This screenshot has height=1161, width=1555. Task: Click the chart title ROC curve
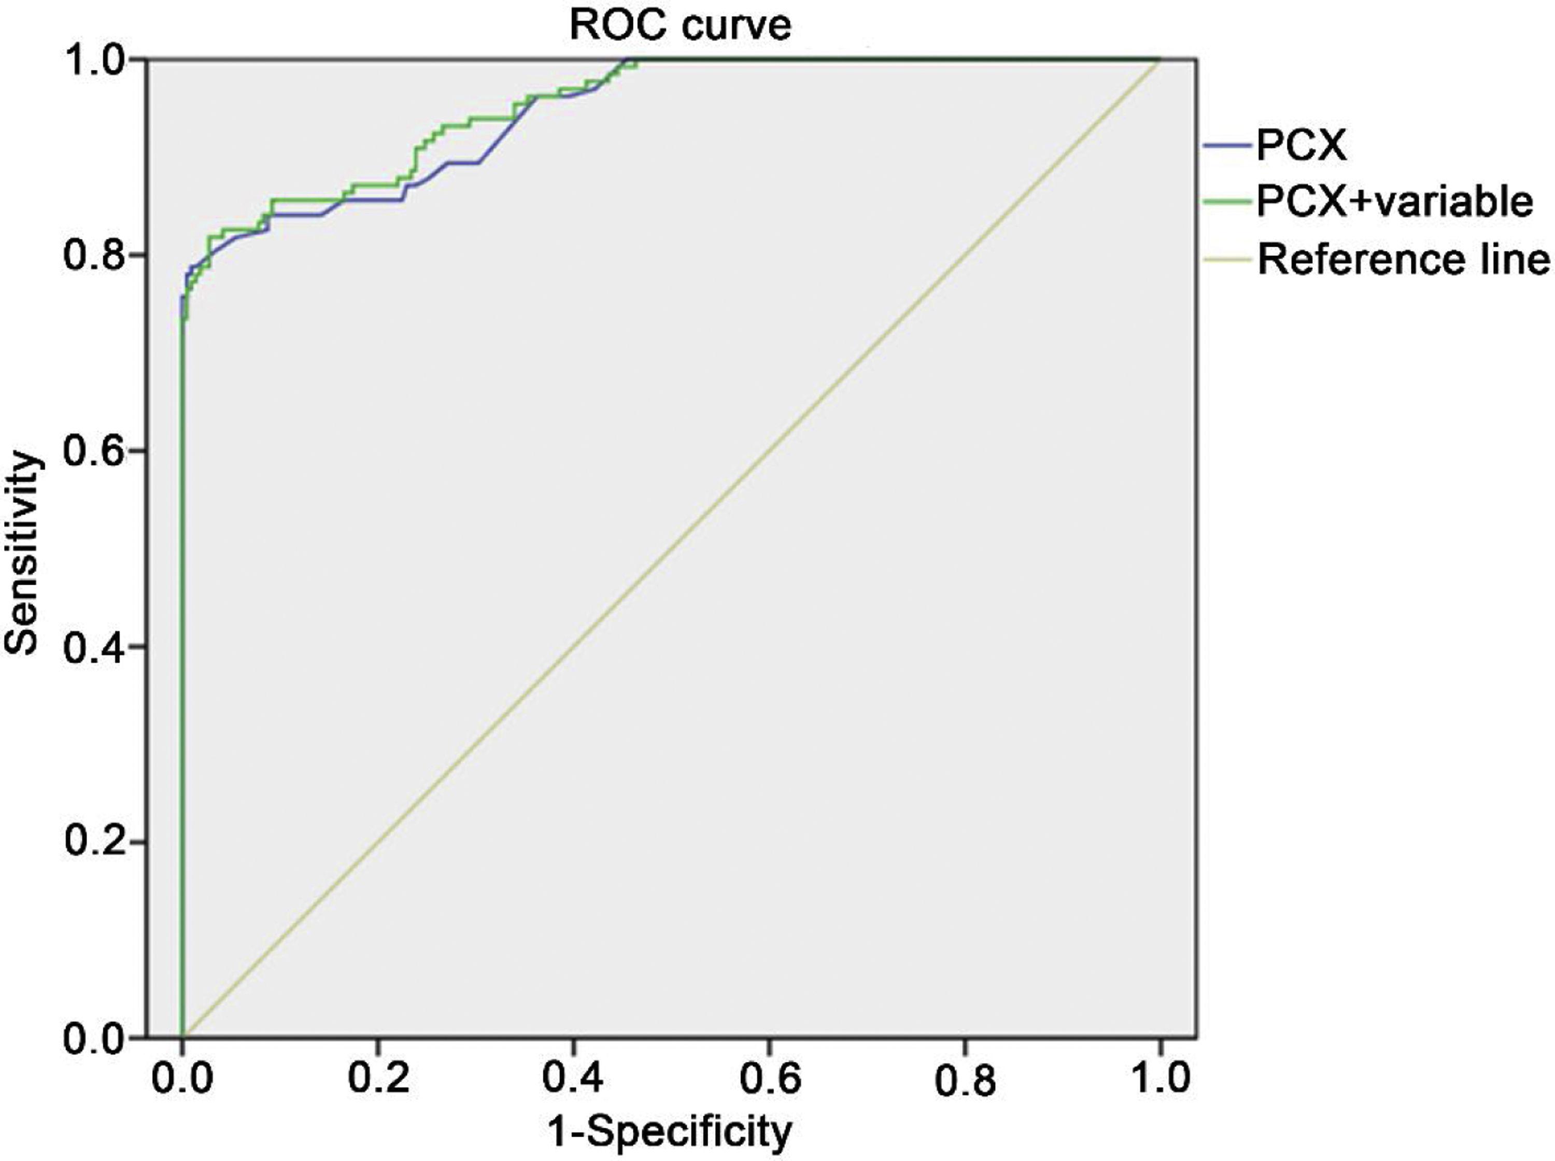click(x=680, y=25)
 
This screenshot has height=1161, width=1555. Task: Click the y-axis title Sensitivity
click(x=22, y=554)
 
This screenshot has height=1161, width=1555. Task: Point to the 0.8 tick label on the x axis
click(x=966, y=1080)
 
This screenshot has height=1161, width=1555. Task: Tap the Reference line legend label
click(x=1403, y=259)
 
